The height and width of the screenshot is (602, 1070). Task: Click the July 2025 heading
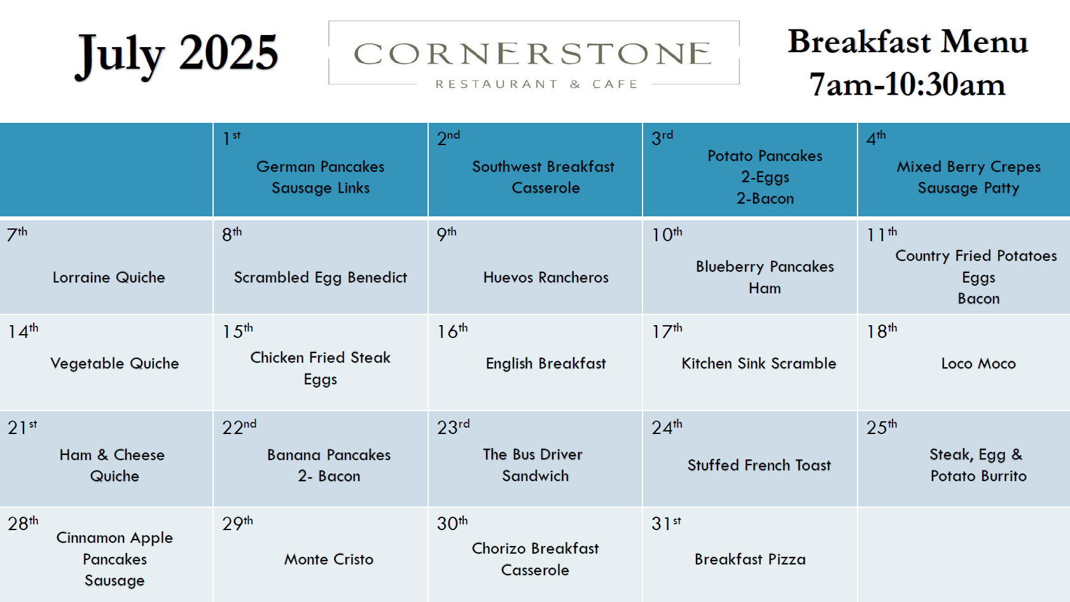[x=177, y=54]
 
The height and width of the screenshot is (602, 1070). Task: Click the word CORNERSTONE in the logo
[x=533, y=53]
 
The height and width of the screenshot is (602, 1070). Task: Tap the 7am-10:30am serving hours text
[x=907, y=85]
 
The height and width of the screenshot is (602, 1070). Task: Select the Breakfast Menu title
[x=908, y=41]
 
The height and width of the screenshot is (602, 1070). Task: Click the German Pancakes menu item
[x=320, y=167]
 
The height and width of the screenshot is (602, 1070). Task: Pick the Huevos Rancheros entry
[x=546, y=277]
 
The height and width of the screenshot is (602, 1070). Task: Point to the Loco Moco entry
[x=978, y=363]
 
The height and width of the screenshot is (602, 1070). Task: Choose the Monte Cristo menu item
[x=329, y=559]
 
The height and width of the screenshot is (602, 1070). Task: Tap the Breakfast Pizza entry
[x=750, y=559]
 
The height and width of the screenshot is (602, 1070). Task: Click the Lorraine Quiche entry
[x=108, y=277]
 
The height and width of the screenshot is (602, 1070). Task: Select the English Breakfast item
[x=546, y=363]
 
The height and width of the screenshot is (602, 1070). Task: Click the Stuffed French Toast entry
[x=759, y=465]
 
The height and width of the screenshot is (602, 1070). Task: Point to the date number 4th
[x=876, y=138]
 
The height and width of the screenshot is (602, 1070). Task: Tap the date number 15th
[x=237, y=331]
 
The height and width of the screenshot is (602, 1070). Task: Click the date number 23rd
[x=453, y=426]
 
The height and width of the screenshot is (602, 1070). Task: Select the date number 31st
[x=666, y=523]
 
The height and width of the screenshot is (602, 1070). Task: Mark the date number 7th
[x=17, y=234]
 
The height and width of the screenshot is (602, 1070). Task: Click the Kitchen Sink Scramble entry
[x=758, y=363]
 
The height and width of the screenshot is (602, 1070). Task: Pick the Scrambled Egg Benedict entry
[x=320, y=277]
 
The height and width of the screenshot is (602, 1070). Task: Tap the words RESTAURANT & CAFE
[x=536, y=85]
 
